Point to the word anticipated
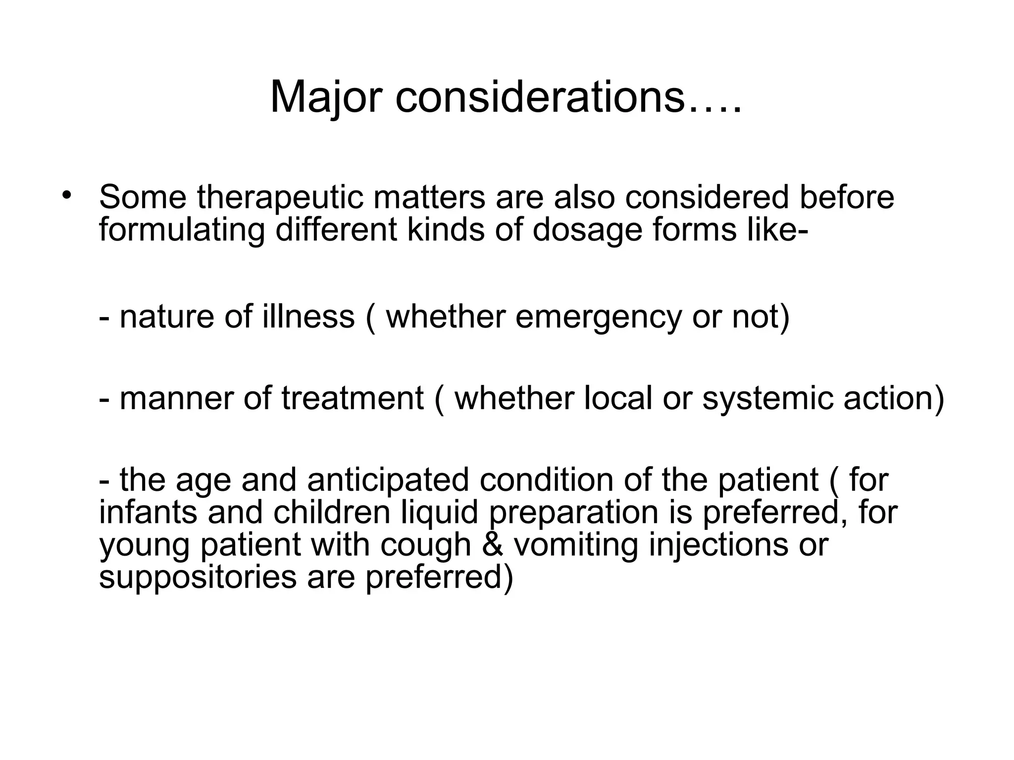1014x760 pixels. point(388,480)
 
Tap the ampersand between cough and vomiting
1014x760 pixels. point(492,545)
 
